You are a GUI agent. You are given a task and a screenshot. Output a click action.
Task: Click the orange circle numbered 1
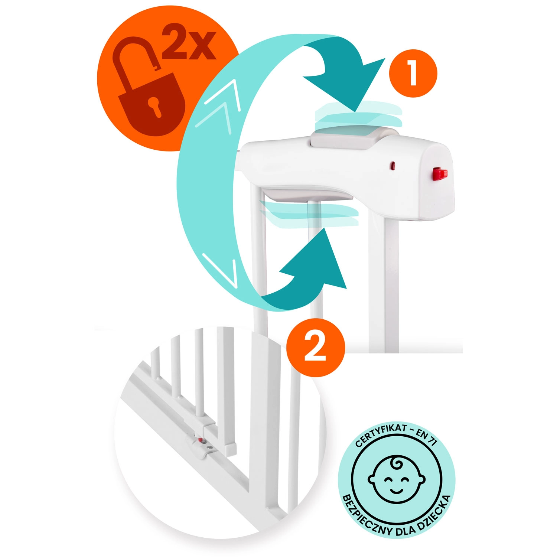413,74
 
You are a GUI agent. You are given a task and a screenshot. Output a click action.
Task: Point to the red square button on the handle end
440,173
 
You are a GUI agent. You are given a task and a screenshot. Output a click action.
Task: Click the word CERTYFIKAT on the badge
381,435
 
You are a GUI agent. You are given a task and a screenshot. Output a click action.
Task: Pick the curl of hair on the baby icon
397,462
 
